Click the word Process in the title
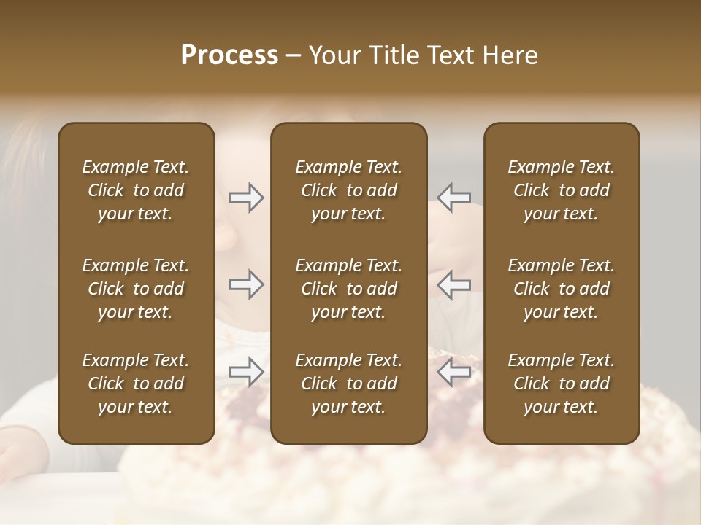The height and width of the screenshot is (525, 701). (229, 55)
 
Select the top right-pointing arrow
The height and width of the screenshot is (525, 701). (247, 198)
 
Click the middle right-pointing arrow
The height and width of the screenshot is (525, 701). (247, 284)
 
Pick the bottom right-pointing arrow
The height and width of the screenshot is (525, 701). (247, 371)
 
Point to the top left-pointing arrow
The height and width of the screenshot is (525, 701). (454, 198)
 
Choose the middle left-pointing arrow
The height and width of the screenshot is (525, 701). (454, 284)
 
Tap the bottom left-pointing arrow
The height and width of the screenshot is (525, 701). (454, 371)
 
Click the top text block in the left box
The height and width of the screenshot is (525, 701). (136, 190)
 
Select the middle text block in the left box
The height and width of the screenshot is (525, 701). (136, 289)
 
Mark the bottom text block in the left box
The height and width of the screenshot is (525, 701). (136, 384)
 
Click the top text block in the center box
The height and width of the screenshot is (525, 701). (348, 190)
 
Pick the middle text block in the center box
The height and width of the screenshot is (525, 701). (348, 289)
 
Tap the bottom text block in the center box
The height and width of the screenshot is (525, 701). (348, 384)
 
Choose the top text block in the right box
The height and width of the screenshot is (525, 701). (561, 190)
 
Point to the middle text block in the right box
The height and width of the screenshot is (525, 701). (561, 289)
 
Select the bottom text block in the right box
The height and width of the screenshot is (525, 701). (561, 384)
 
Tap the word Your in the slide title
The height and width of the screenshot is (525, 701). (334, 55)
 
